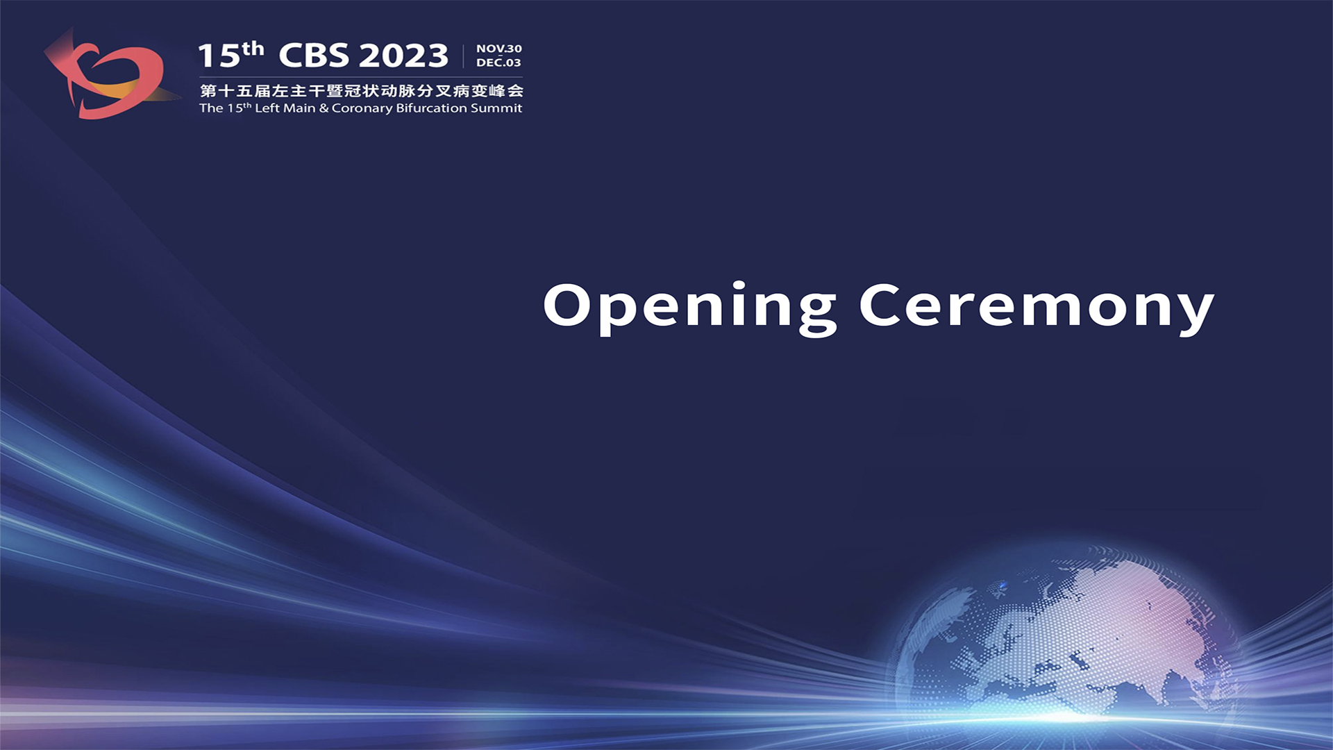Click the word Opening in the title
690,308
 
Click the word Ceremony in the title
1037,308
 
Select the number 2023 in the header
403,56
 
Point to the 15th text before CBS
230,54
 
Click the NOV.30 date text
499,49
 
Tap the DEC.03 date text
498,62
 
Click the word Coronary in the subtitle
362,108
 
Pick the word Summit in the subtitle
496,108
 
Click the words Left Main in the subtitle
285,108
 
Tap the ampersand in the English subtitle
324,108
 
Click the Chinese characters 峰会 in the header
506,90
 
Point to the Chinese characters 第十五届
235,90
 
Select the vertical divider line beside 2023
463,56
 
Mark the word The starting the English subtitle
211,108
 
